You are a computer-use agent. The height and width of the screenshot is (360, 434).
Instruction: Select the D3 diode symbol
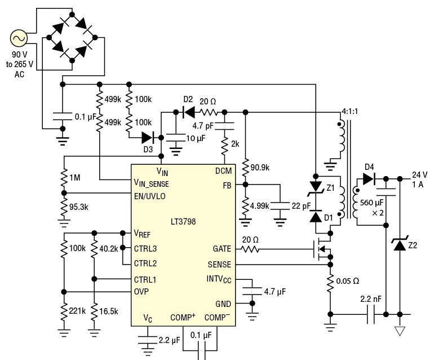(x=148, y=137)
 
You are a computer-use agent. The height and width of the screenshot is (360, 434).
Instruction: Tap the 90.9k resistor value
(x=261, y=167)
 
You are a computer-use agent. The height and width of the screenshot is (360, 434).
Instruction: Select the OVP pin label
(x=142, y=291)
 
